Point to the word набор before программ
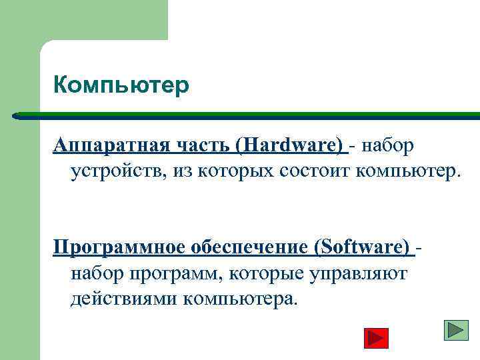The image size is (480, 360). click(95, 273)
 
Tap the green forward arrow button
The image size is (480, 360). click(457, 331)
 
